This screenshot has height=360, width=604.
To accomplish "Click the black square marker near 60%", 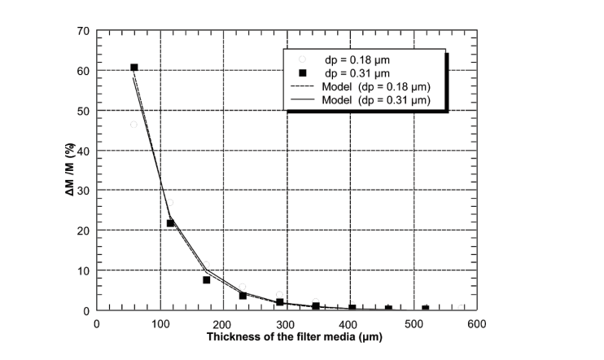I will coord(134,68).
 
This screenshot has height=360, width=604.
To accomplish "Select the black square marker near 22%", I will coord(170,222).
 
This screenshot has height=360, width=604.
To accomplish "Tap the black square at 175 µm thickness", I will coord(207,279).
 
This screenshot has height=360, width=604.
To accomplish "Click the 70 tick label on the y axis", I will coord(82,31).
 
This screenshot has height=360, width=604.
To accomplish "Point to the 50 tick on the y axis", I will coord(82,111).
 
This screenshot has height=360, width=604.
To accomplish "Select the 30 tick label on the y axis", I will coord(82,191).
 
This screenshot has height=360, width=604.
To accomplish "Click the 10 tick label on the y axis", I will coord(82,270).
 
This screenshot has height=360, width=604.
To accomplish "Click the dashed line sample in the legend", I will coord(302,86).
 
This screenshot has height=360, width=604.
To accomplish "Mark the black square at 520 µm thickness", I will coord(425,309).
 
